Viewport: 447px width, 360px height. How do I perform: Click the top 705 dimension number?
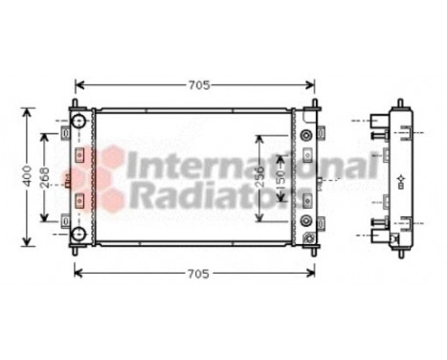click(x=196, y=84)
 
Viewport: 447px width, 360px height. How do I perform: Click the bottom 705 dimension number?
click(x=196, y=274)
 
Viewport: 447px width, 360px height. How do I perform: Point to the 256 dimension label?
click(x=260, y=179)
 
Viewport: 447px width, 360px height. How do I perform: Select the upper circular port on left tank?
click(x=78, y=124)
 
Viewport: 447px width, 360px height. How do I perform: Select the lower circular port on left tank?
click(x=78, y=232)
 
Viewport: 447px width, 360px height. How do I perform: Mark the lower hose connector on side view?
click(x=382, y=233)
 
